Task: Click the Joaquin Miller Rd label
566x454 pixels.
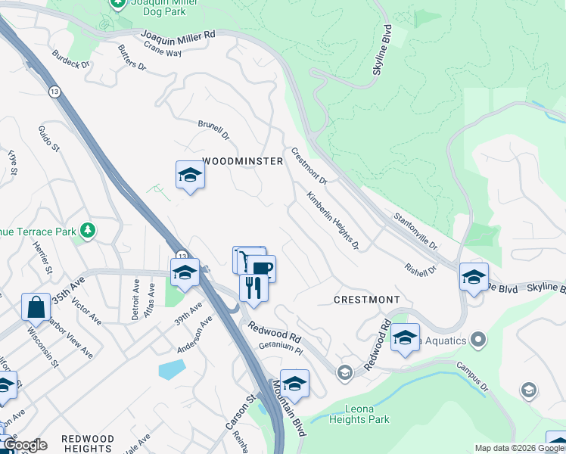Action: pos(179,35)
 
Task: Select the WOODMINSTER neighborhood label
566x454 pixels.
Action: pos(243,162)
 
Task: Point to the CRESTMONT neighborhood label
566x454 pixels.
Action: pos(367,300)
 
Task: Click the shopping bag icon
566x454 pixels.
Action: pos(36,307)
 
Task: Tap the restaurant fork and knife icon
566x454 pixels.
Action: pos(253,288)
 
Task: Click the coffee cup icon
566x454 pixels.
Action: pos(262,269)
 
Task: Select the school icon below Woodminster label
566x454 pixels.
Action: pos(190,176)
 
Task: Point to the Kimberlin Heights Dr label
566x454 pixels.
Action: pos(332,220)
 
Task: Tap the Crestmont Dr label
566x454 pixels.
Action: pos(309,166)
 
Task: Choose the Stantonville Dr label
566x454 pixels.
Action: pos(415,232)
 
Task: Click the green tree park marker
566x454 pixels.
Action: pos(89,229)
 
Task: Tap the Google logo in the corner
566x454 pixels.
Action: pos(25,445)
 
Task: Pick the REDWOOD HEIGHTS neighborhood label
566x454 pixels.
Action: pos(88,443)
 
